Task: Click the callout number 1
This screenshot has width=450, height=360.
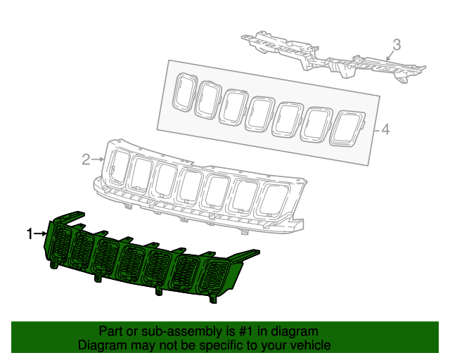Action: click(30, 233)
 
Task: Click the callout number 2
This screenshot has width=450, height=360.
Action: click(86, 160)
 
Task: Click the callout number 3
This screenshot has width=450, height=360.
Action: click(397, 45)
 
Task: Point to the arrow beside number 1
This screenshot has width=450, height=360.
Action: click(40, 233)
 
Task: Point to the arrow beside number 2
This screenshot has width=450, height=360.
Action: click(98, 160)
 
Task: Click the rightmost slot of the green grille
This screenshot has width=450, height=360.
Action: click(214, 282)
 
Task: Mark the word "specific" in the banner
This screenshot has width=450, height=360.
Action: click(226, 345)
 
